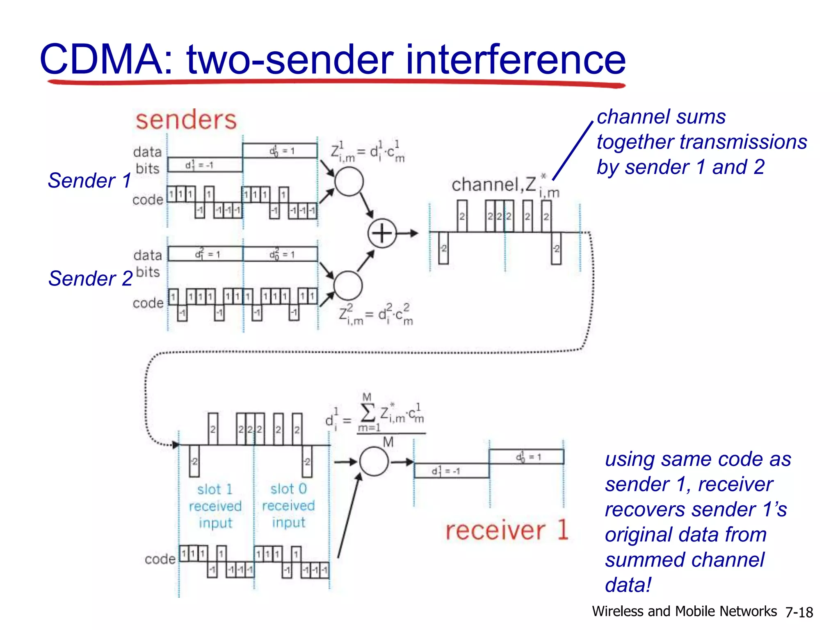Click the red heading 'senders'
(x=186, y=120)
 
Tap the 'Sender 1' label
(x=89, y=180)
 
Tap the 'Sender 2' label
(x=90, y=278)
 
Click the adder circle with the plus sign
(x=382, y=233)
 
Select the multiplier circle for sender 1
(x=349, y=182)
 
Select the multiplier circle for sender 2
(x=348, y=285)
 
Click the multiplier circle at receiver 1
(x=374, y=462)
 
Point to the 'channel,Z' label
(x=494, y=185)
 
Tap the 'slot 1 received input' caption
(x=215, y=506)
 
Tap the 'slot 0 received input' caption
(x=288, y=506)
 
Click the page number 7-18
(x=799, y=612)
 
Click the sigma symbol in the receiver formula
(x=367, y=413)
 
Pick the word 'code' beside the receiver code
(x=160, y=559)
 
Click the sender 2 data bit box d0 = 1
(x=281, y=254)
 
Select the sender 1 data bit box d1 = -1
(x=205, y=165)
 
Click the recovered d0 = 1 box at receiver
(x=526, y=457)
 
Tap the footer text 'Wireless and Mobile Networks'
(x=684, y=612)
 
